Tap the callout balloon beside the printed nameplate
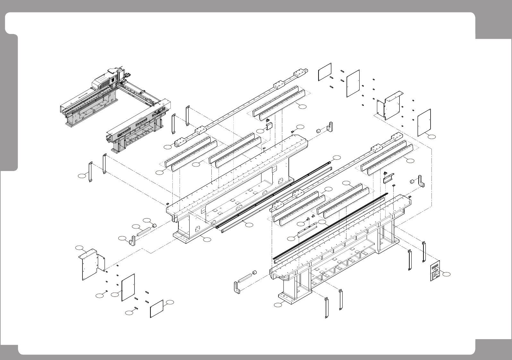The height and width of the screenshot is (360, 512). click(x=447, y=274)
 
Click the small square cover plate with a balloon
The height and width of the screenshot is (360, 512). click(x=157, y=309)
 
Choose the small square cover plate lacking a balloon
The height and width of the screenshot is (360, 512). click(x=324, y=72)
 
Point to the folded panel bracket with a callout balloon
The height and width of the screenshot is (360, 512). click(x=91, y=264)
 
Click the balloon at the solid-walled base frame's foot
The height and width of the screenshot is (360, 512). click(x=207, y=239)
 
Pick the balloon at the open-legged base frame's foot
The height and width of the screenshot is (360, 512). click(x=278, y=305)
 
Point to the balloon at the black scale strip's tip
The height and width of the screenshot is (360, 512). click(x=337, y=157)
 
